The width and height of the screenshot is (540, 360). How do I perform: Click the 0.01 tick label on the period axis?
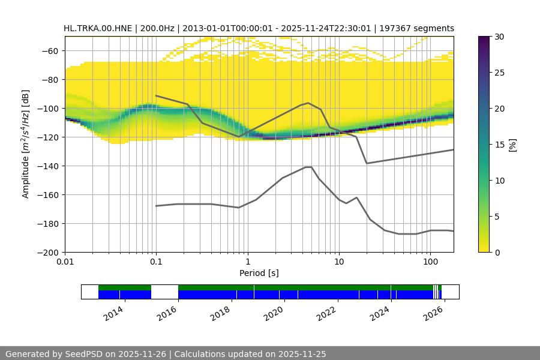[x=65, y=262]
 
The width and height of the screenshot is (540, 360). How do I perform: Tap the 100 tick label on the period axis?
[x=430, y=262]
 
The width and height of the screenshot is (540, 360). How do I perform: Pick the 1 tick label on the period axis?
[x=247, y=262]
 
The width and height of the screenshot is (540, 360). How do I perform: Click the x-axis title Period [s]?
[x=259, y=273]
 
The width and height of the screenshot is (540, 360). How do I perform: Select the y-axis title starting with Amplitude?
[x=25, y=144]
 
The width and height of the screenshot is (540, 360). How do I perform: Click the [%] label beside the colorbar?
[x=512, y=145]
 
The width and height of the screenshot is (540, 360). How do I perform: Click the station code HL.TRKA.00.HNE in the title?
[x=99, y=28]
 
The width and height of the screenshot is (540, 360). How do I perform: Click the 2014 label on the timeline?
[x=113, y=313]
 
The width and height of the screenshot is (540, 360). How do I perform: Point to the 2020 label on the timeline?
[x=272, y=313]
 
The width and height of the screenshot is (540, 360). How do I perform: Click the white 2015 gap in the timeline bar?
[x=164, y=292]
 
